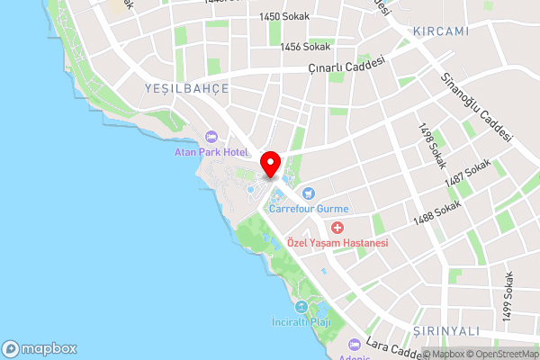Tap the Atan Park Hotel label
click(x=211, y=152)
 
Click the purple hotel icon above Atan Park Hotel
click(x=211, y=137)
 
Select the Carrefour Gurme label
click(x=309, y=207)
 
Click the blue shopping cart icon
click(x=309, y=192)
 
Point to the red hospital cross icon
click(x=337, y=229)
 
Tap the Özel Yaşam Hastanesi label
click(x=337, y=244)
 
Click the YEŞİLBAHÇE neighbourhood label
click(x=186, y=88)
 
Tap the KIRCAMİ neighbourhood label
click(x=441, y=31)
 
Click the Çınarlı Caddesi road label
click(x=346, y=66)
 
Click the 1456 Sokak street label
click(x=305, y=47)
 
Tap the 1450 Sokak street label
click(x=282, y=17)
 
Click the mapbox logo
click(x=40, y=348)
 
